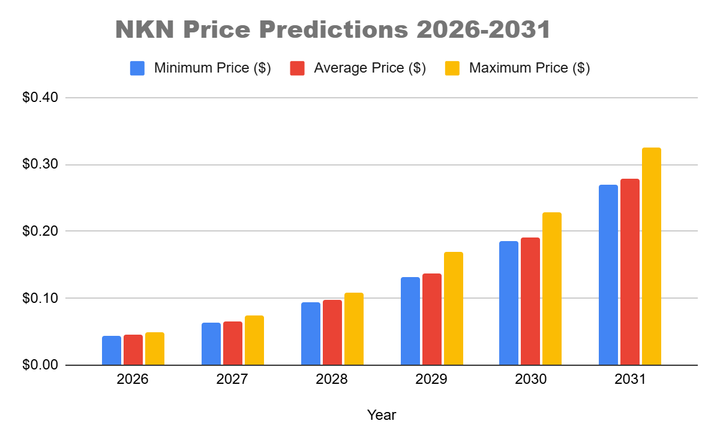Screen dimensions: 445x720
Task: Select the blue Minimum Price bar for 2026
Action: click(x=112, y=351)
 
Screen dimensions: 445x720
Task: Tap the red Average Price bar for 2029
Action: click(x=432, y=320)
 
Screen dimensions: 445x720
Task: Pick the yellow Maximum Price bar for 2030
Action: click(x=552, y=289)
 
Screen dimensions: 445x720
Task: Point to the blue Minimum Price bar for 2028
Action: click(x=311, y=334)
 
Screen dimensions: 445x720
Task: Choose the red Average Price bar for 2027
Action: click(x=233, y=344)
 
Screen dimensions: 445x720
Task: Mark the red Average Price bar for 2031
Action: click(x=630, y=272)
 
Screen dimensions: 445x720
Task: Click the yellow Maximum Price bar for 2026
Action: click(x=155, y=349)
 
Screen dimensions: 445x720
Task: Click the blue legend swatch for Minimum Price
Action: click(x=137, y=68)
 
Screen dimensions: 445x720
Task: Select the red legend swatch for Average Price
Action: click(x=297, y=68)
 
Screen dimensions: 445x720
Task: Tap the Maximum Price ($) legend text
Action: click(x=529, y=68)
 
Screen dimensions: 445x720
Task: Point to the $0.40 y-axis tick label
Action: click(x=40, y=98)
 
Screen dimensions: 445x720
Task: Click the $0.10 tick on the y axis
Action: click(x=40, y=298)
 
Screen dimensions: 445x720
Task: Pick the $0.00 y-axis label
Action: click(x=40, y=365)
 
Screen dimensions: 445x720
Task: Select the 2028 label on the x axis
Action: click(x=332, y=380)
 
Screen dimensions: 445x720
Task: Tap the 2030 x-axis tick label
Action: click(x=530, y=380)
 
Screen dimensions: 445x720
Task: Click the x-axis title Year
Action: click(x=382, y=414)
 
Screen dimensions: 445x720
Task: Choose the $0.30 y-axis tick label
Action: click(x=40, y=165)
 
